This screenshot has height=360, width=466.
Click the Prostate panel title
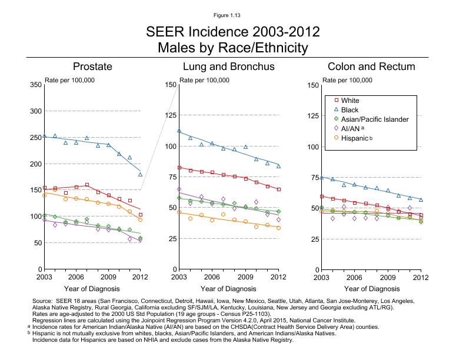92,66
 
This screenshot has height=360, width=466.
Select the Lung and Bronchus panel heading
228,66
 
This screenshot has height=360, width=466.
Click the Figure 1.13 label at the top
232,14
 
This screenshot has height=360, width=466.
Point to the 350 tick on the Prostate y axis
35,85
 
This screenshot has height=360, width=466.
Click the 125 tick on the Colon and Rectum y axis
313,116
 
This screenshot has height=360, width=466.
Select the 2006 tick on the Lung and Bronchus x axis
212,276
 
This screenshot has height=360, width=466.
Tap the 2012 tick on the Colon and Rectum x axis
420,276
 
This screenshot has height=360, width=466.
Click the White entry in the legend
350,101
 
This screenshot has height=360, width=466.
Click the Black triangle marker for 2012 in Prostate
140,175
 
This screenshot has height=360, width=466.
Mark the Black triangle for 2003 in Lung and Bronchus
179,131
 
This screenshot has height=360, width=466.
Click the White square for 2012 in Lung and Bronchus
278,189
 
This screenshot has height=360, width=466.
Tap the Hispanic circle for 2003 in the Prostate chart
44,195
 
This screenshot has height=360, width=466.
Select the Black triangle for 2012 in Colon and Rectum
421,200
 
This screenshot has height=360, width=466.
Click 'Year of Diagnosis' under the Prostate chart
92,289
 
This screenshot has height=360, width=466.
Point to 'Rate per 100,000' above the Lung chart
204,80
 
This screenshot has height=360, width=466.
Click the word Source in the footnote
44,301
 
